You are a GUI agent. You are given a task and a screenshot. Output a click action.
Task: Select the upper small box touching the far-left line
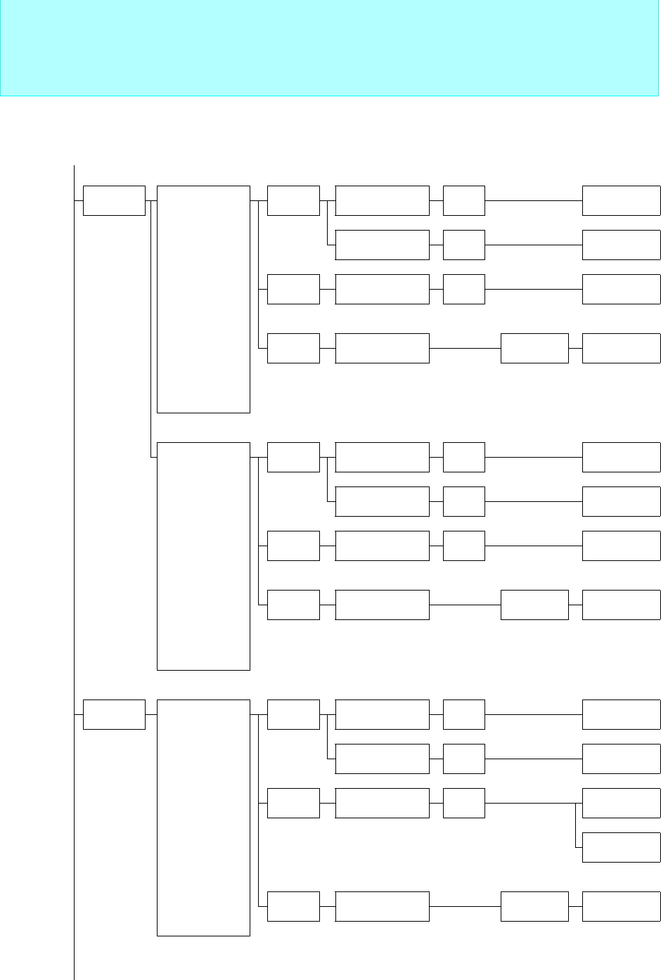point(114,200)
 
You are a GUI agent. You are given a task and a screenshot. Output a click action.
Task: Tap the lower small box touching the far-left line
point(114,714)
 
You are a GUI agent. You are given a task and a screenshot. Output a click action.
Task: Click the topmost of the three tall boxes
point(203,299)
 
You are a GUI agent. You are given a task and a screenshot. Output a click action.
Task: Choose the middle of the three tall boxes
point(203,555)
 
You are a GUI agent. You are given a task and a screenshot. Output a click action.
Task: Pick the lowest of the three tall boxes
point(203,817)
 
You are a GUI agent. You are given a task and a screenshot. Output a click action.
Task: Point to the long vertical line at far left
point(74,492)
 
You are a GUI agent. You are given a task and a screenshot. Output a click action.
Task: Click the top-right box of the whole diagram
point(621,200)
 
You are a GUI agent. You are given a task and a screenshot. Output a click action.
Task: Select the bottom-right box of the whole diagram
point(621,906)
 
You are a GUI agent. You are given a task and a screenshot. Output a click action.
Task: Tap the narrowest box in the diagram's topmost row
point(464,200)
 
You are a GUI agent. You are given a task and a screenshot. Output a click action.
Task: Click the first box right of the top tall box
point(293,200)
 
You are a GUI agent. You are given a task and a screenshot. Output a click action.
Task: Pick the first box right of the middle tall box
point(293,457)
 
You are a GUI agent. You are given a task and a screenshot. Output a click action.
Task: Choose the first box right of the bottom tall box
point(293,714)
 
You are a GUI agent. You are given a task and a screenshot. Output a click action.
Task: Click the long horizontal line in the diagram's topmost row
point(533,200)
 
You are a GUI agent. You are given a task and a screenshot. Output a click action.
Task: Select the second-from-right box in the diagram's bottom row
point(534,906)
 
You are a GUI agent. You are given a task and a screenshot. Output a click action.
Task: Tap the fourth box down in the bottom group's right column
point(621,847)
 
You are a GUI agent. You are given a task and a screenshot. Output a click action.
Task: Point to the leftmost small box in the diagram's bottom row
point(293,906)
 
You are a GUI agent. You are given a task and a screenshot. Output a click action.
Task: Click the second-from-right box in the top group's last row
point(534,349)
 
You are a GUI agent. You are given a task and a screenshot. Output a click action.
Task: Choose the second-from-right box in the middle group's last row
point(534,605)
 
